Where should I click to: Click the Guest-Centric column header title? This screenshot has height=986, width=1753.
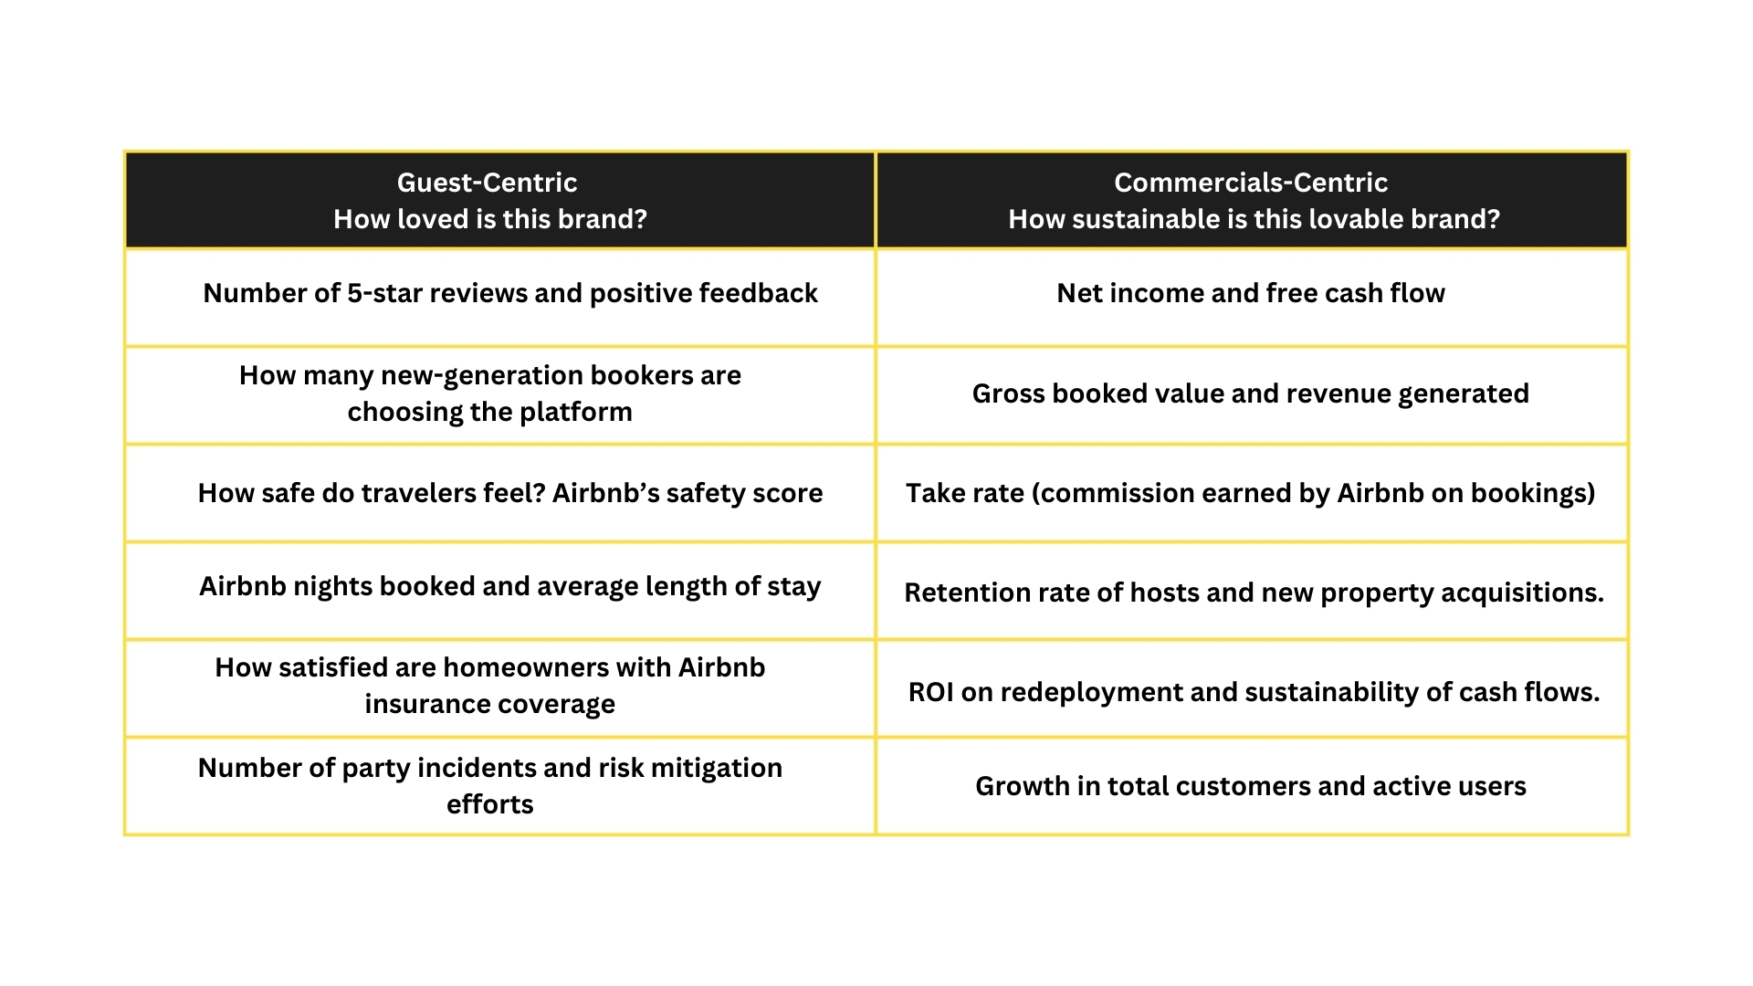[x=487, y=183]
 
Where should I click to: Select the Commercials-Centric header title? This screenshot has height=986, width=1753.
[x=1251, y=183]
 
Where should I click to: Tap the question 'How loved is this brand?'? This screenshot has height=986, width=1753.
[x=490, y=219]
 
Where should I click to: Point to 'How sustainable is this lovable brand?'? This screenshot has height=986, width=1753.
[x=1254, y=219]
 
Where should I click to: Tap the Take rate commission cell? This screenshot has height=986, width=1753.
[x=1251, y=493]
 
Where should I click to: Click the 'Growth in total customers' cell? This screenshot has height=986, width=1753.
[x=1251, y=786]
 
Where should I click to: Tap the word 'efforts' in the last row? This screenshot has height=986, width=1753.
[x=490, y=804]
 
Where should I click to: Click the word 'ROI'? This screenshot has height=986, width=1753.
[x=930, y=692]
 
